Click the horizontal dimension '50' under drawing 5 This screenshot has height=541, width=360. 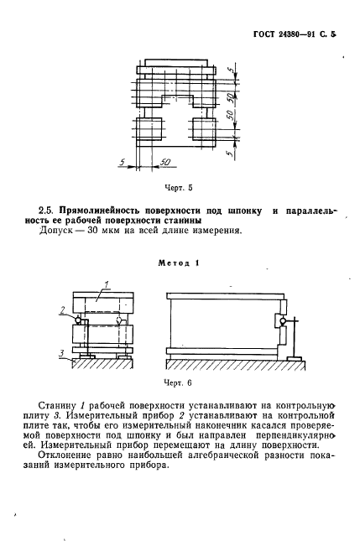(x=164, y=159)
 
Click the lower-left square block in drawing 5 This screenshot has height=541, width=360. (x=151, y=131)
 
